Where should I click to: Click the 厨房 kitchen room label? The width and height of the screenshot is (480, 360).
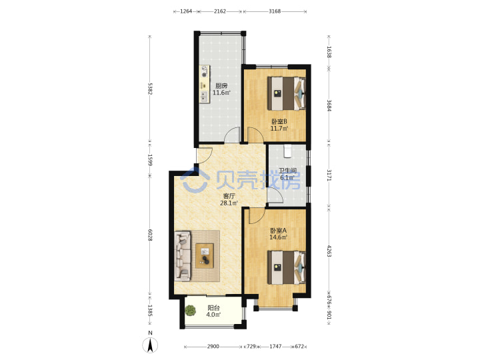(x=221, y=86)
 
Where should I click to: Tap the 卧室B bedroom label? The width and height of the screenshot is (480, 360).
(x=279, y=121)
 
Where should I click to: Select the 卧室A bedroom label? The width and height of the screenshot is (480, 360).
(x=278, y=231)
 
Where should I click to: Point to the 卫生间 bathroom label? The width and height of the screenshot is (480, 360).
(x=287, y=171)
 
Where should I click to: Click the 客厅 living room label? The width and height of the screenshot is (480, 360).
(x=229, y=196)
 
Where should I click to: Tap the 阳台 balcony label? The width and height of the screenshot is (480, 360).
(x=213, y=308)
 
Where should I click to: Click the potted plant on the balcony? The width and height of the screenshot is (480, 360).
(x=191, y=311)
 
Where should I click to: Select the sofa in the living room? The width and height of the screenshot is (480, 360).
(x=183, y=255)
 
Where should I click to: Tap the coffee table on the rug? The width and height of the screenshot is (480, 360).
(x=205, y=255)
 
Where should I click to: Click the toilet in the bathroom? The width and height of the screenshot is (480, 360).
(x=287, y=151)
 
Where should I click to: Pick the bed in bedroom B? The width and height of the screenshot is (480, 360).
(x=287, y=93)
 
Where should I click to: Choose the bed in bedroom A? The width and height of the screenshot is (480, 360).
(x=287, y=267)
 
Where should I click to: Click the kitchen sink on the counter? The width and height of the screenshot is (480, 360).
(x=203, y=97)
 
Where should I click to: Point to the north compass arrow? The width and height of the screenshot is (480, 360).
(x=150, y=345)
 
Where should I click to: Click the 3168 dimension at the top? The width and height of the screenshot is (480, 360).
(x=275, y=11)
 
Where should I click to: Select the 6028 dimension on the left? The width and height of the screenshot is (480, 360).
(x=150, y=235)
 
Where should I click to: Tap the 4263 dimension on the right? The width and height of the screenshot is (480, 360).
(x=329, y=251)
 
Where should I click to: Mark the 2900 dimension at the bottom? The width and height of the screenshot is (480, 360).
(x=213, y=347)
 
